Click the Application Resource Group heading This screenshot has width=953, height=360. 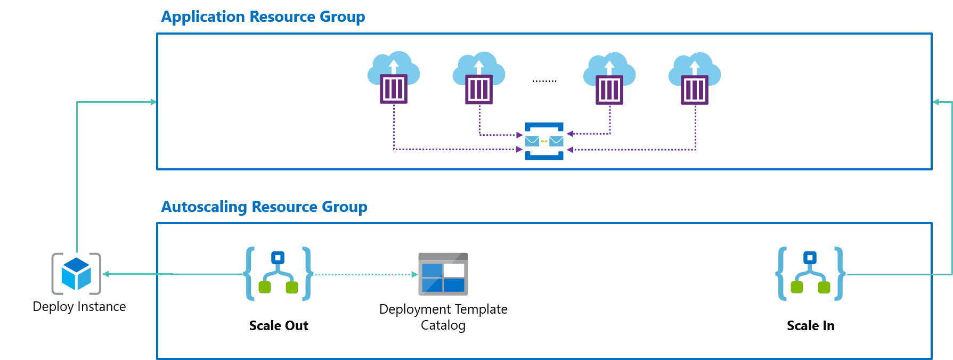pyautogui.click(x=263, y=17)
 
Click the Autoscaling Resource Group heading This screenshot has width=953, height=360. pyautogui.click(x=264, y=207)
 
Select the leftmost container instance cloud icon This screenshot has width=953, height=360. pyautogui.click(x=394, y=78)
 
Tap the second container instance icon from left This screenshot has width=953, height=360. pyautogui.click(x=479, y=78)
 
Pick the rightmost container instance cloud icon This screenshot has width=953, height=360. pyautogui.click(x=695, y=78)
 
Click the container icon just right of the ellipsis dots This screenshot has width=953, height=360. pyautogui.click(x=609, y=78)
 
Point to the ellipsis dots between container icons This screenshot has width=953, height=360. pyautogui.click(x=544, y=81)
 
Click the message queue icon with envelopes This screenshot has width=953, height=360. pyautogui.click(x=544, y=141)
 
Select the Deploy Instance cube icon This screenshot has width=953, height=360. pyautogui.click(x=76, y=274)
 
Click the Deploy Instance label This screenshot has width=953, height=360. pyautogui.click(x=79, y=307)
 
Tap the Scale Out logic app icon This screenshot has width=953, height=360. pyautogui.click(x=278, y=274)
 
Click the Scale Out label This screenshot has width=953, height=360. pyautogui.click(x=279, y=325)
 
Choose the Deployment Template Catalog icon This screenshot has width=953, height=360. pyautogui.click(x=443, y=274)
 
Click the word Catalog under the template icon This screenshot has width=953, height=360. pyautogui.click(x=443, y=325)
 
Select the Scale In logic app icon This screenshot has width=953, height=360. pyautogui.click(x=810, y=274)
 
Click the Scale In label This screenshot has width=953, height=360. pyautogui.click(x=810, y=325)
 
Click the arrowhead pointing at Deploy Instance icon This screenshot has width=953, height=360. pyautogui.click(x=106, y=274)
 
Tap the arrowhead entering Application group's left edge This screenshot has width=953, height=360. pyautogui.click(x=153, y=102)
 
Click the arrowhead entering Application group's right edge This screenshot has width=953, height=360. pyautogui.click(x=936, y=102)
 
